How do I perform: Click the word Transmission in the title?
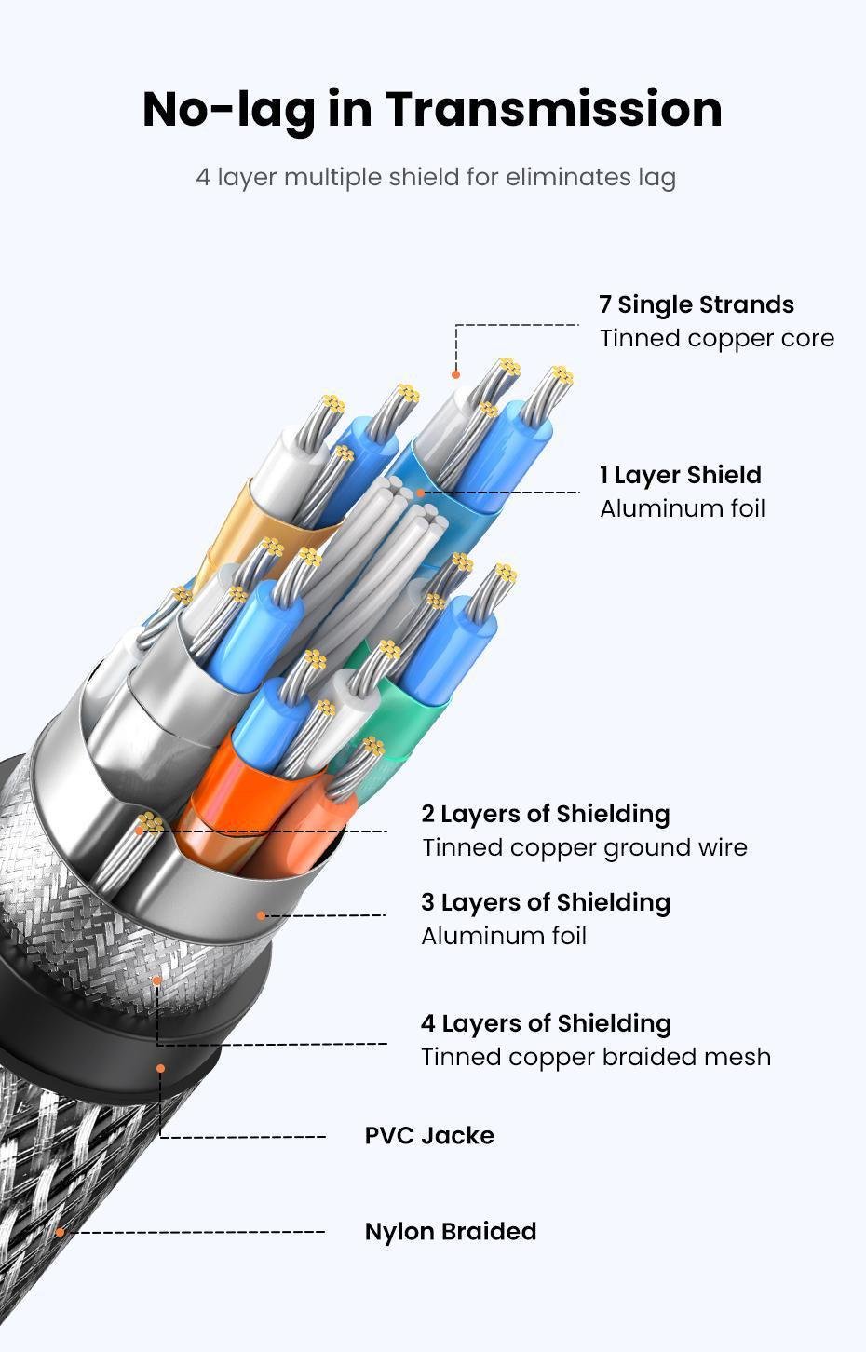point(553,109)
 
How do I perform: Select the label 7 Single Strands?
point(696,304)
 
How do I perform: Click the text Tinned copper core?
point(716,338)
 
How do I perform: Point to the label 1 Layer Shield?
point(680,475)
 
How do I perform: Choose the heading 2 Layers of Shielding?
point(545,814)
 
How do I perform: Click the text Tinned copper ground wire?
point(584,847)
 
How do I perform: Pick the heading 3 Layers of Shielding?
point(545,902)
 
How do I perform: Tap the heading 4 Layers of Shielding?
point(545,1023)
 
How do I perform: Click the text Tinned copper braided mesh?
point(595,1057)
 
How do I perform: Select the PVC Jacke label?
point(428,1135)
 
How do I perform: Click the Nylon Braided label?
point(450,1231)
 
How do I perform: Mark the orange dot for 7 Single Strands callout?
point(455,374)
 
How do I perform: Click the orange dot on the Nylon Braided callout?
point(61,1232)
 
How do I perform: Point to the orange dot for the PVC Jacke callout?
point(160,1068)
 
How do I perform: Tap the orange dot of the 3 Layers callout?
point(262,915)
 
